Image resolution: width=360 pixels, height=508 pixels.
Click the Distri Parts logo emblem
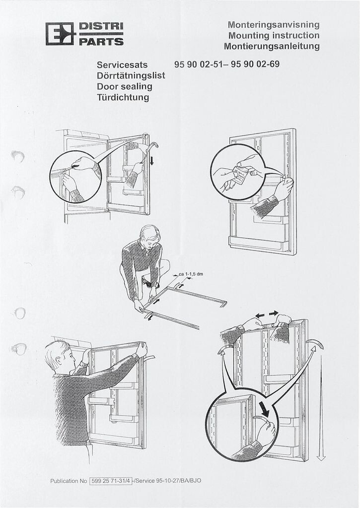[x=60, y=34]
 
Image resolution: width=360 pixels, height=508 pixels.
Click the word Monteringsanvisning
[x=273, y=24]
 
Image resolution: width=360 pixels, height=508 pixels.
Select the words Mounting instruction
[x=274, y=35]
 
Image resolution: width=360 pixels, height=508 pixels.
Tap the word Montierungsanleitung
[x=271, y=47]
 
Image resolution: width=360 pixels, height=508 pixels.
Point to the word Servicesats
[x=122, y=64]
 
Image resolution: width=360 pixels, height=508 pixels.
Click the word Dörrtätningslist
[x=131, y=75]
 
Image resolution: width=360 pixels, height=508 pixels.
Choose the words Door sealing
[x=124, y=86]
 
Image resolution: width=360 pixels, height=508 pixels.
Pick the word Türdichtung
[x=123, y=97]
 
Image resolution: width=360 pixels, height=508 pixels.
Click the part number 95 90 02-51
[x=199, y=64]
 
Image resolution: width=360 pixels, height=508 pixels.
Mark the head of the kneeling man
[x=150, y=234]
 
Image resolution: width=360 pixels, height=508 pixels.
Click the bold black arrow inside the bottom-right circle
[x=264, y=409]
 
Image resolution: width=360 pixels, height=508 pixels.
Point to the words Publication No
[x=69, y=481]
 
